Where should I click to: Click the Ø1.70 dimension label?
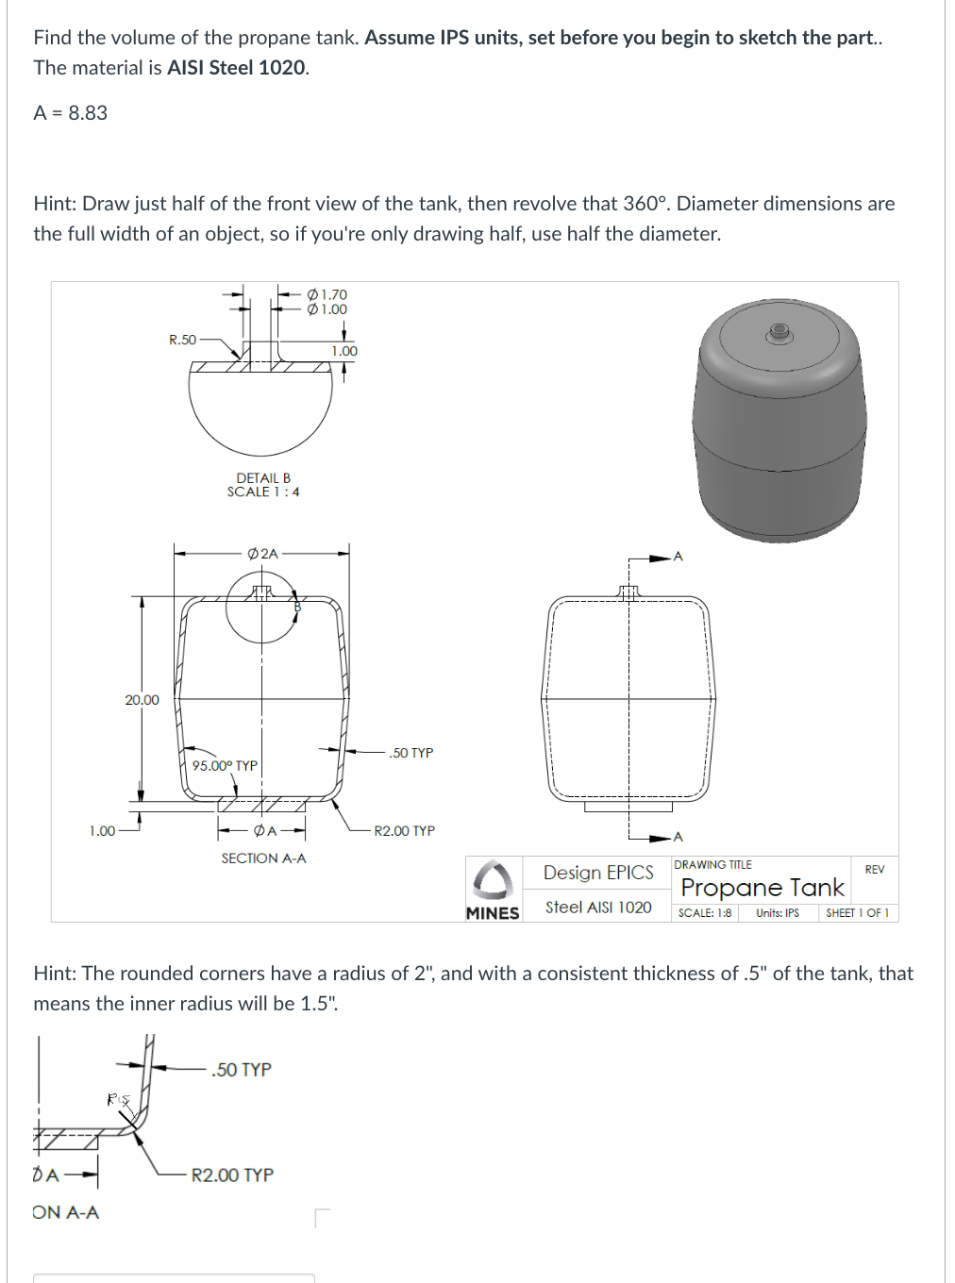327,294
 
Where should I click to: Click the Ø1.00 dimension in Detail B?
327,309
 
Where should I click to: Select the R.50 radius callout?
182,340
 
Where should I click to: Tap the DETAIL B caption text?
263,478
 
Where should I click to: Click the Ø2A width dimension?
262,554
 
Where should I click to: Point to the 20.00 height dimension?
142,700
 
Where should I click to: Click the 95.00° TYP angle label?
225,766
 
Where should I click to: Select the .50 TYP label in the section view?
410,753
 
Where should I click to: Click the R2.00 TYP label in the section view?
404,831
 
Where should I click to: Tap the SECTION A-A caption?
263,858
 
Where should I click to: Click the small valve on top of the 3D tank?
779,331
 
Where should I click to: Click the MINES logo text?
493,913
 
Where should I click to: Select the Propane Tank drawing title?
762,888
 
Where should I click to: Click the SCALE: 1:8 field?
704,913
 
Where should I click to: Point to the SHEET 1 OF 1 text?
857,913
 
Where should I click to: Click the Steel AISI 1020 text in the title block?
598,908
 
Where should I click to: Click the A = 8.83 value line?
71,113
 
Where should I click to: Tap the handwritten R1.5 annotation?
117,1099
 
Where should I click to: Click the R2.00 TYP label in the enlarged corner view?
232,1175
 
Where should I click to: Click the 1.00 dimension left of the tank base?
102,831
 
